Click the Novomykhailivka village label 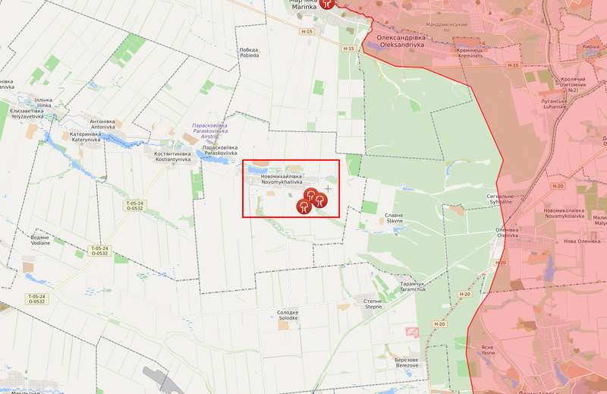[281, 179]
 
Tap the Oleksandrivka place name [401, 40]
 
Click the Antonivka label [102, 124]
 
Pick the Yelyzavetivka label [27, 113]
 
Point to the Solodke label [288, 314]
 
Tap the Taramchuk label [413, 286]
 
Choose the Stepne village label [373, 303]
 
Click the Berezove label [407, 361]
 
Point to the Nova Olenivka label [581, 241]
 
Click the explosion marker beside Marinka [326, 4]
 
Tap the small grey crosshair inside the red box [328, 188]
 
